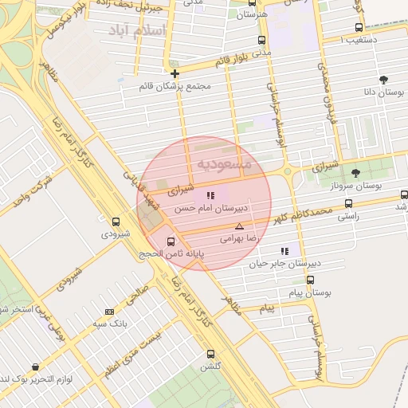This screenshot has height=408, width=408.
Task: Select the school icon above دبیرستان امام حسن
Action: point(210,194)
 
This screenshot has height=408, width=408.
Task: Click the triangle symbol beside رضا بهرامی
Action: point(239,227)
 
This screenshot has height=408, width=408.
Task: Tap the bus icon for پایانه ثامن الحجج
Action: point(171,241)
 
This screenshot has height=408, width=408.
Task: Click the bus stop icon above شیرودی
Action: point(116,222)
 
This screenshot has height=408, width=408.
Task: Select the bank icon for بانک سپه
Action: point(109,312)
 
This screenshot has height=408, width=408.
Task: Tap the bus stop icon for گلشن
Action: point(210,354)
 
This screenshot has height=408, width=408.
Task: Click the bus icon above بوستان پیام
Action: point(310,280)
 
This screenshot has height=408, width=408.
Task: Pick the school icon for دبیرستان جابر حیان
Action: point(284,252)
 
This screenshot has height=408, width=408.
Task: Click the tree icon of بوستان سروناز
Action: point(355,173)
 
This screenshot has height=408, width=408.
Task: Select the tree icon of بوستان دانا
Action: point(384,80)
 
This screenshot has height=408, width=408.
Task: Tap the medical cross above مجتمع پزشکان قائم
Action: point(175,73)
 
